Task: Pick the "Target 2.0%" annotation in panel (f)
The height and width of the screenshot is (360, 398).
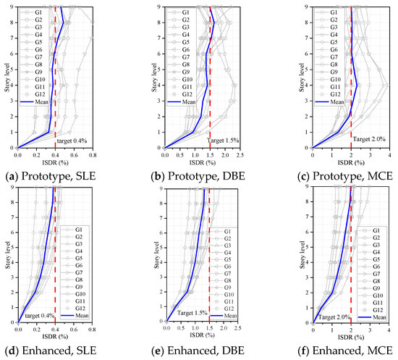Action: coord(334,317)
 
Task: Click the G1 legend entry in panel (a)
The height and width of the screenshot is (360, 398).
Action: coord(38,13)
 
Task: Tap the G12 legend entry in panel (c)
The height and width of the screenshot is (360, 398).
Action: coord(333,94)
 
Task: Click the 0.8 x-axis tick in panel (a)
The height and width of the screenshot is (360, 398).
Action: coord(93,154)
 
